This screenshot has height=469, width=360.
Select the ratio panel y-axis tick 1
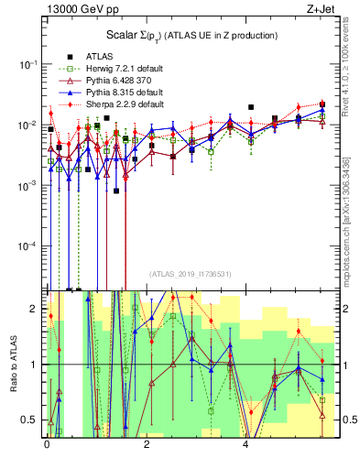coord(38,365)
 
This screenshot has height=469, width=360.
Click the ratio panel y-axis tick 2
coord(38,309)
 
